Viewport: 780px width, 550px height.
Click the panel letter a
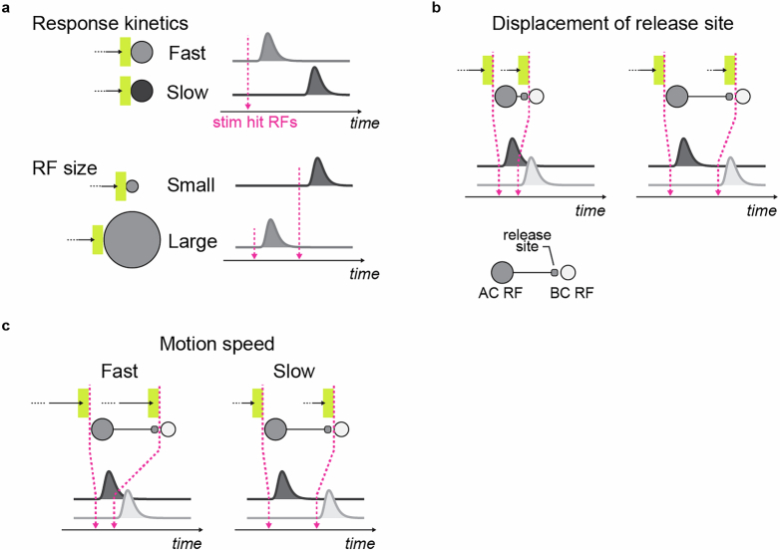click(x=7, y=8)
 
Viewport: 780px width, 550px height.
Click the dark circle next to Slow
click(x=142, y=92)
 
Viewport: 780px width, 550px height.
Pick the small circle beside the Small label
click(x=132, y=185)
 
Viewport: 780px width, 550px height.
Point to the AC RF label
click(x=501, y=296)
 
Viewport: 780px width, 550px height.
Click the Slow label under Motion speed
click(x=295, y=372)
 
